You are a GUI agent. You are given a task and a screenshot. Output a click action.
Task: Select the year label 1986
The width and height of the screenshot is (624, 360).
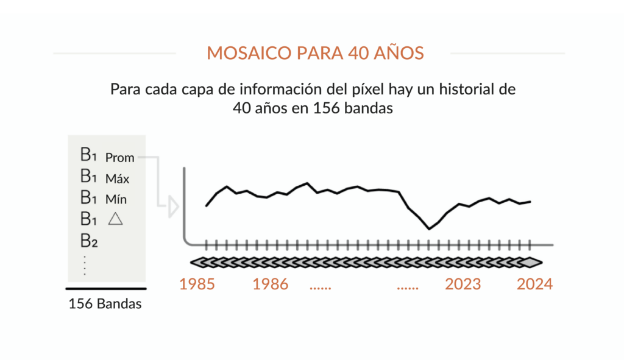click(271, 284)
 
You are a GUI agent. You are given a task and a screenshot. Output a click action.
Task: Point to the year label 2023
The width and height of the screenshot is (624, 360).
click(463, 284)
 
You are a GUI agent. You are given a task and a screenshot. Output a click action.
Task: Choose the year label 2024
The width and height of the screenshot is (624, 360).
click(534, 284)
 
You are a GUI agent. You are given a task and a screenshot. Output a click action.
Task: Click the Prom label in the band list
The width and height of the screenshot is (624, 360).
click(119, 158)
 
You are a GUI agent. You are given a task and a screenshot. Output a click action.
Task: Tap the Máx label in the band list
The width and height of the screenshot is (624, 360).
click(117, 179)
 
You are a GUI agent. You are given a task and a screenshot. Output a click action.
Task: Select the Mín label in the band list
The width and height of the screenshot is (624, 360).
click(116, 199)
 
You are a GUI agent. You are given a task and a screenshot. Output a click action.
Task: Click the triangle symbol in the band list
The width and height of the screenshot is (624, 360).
click(115, 219)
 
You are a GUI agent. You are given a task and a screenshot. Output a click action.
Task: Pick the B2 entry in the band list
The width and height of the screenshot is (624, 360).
click(89, 241)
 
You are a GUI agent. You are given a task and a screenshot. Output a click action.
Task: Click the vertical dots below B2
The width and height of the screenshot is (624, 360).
click(85, 265)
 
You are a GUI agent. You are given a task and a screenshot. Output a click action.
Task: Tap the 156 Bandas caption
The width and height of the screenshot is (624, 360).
click(105, 304)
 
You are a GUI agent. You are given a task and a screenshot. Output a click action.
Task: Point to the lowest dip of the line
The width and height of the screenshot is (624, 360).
click(430, 229)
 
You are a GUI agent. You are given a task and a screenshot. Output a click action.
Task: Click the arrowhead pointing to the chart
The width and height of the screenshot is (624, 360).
click(173, 207)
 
